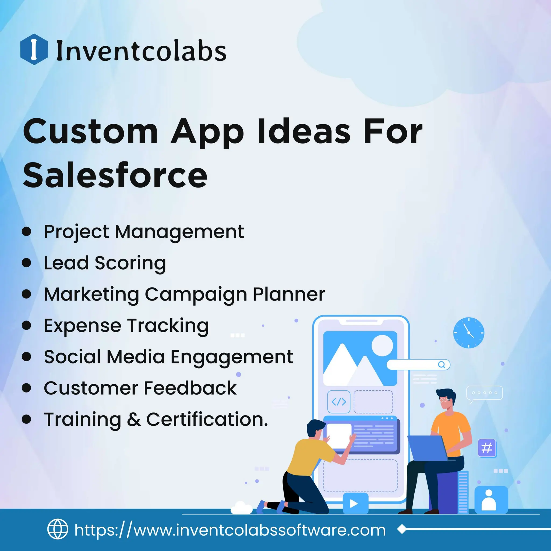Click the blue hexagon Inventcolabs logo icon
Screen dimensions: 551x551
pyautogui.click(x=34, y=49)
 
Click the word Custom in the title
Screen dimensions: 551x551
pyautogui.click(x=90, y=132)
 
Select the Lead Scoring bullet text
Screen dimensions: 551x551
pyautogui.click(x=105, y=263)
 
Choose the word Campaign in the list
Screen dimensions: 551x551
pyautogui.click(x=196, y=294)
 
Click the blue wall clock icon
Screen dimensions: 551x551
pyautogui.click(x=469, y=333)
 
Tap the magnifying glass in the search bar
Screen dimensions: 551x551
pyautogui.click(x=441, y=365)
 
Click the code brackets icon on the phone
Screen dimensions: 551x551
pyautogui.click(x=339, y=402)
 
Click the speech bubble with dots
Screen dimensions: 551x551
pyautogui.click(x=484, y=393)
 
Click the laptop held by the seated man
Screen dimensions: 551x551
pyautogui.click(x=426, y=448)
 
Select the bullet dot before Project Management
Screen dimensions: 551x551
pyautogui.click(x=27, y=231)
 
